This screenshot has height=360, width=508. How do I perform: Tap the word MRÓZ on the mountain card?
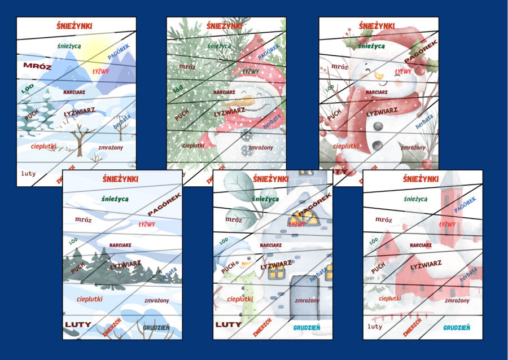[33, 66]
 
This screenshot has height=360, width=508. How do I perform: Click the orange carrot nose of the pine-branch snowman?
[233, 102]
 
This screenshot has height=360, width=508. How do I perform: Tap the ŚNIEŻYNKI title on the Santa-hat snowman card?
[378, 26]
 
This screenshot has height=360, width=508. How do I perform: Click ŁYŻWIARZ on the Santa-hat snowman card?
[382, 112]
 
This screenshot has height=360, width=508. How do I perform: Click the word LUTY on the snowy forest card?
[78, 324]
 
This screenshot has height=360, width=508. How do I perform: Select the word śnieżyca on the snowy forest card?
[115, 199]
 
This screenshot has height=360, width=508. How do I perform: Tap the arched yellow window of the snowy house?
[301, 217]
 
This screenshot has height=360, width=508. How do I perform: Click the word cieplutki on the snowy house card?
[240, 299]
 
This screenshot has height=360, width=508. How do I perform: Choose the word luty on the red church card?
[375, 326]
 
